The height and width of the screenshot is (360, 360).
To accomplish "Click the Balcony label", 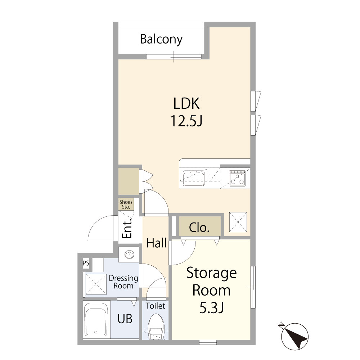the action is pyautogui.click(x=161, y=39).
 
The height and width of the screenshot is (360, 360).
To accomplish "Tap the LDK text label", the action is pyautogui.click(x=186, y=104).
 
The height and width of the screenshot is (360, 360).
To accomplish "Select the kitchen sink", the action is pyautogui.click(x=194, y=177).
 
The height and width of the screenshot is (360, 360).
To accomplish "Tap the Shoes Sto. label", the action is pyautogui.click(x=126, y=204).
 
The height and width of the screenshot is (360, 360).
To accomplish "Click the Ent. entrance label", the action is pyautogui.click(x=126, y=229).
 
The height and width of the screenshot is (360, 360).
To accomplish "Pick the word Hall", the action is pyautogui.click(x=157, y=243).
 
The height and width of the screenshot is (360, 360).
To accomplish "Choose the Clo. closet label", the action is pyautogui.click(x=199, y=228).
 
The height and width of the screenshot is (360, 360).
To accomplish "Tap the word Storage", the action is pyautogui.click(x=211, y=273).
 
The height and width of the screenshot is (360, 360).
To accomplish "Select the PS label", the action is pyautogui.click(x=86, y=263).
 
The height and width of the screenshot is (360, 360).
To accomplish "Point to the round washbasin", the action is pyautogui.click(x=129, y=255).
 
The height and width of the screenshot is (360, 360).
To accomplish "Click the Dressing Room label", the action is pyautogui.click(x=123, y=282).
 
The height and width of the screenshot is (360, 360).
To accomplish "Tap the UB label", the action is pyautogui.click(x=125, y=319).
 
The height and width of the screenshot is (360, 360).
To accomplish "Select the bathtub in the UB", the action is pyautogui.click(x=96, y=320).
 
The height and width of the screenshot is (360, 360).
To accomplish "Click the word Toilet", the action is pyautogui.click(x=155, y=306).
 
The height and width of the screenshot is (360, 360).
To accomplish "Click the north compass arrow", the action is pyautogui.click(x=294, y=334).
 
